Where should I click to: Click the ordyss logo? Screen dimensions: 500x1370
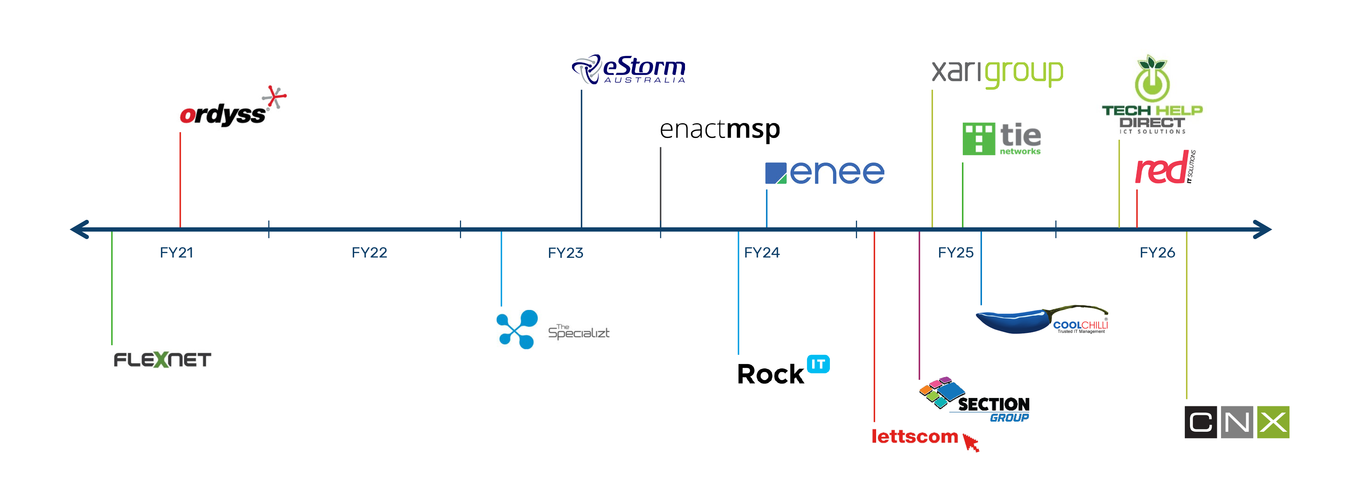coord(229,109)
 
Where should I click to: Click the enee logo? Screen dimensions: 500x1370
coord(824,173)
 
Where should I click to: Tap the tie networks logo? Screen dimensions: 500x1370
coord(1001,139)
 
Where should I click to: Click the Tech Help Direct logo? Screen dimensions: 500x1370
coord(1152,96)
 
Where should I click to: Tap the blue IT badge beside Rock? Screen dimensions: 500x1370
coord(818,364)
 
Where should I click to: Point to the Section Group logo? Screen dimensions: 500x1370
coord(974,400)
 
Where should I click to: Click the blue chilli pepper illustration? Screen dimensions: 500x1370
coord(1013,321)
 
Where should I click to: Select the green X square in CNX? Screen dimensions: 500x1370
coord(1273,422)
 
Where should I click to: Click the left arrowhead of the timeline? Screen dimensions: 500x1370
coord(80,229)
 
